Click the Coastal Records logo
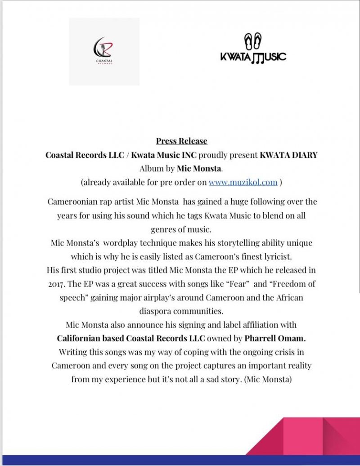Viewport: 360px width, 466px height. click(104, 51)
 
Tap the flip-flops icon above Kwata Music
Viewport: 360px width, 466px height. click(253, 41)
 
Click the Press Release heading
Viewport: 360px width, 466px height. click(181, 141)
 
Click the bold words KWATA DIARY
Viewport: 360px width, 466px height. click(288, 156)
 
